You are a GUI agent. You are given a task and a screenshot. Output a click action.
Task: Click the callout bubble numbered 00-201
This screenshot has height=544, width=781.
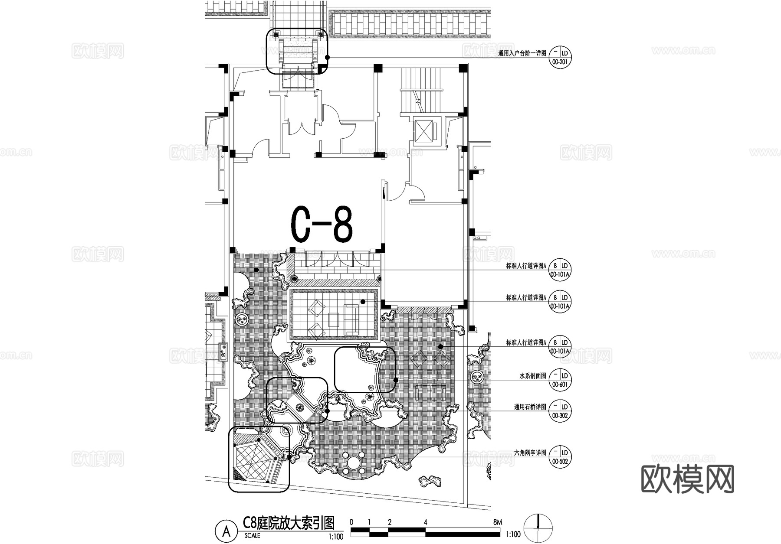coord(560,57)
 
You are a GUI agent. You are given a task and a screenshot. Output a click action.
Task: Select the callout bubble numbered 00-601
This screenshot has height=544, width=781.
coord(560,380)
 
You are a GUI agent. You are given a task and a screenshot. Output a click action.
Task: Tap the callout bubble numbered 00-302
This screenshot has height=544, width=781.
coord(560,411)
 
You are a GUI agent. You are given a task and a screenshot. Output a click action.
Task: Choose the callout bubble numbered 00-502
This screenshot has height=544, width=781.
coord(560,457)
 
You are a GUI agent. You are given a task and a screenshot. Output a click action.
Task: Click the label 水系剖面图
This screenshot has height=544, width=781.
coord(533,376)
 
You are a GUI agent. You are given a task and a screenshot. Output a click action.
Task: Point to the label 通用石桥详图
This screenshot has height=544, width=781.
coord(530,407)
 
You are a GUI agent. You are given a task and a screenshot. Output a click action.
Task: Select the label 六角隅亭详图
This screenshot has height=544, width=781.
coord(530,453)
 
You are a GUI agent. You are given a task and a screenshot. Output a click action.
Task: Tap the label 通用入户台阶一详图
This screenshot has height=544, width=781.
coord(522,54)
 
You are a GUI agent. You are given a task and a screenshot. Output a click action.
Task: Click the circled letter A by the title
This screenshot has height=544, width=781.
coord(226,531)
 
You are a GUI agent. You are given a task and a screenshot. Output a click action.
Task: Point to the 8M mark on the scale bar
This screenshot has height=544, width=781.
coord(497,522)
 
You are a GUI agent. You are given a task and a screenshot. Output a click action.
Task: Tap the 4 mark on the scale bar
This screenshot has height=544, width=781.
coord(425,522)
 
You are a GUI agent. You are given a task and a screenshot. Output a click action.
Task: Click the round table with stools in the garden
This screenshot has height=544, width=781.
coord(353,464)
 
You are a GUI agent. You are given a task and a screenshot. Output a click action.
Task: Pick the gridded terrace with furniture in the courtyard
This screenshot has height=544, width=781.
coord(333,314)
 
